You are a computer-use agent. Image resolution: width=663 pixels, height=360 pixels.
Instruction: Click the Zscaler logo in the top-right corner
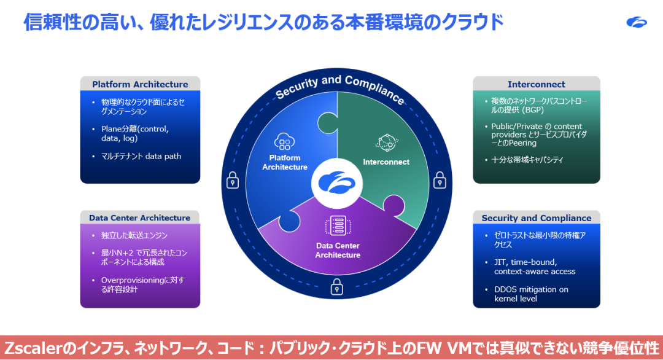pyautogui.click(x=637, y=22)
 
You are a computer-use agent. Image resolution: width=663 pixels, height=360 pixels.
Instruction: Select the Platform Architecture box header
pyautogui.click(x=140, y=84)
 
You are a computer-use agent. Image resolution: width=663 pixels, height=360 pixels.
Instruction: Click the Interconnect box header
pyautogui.click(x=536, y=84)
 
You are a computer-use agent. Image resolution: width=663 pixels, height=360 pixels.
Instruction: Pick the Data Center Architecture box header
pyautogui.click(x=140, y=217)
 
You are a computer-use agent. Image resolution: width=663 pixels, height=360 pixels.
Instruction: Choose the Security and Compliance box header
pyautogui.click(x=536, y=217)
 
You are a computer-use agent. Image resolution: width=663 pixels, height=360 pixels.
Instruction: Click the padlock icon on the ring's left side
pyautogui.click(x=233, y=181)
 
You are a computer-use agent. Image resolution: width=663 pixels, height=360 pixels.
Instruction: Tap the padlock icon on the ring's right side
pyautogui.click(x=440, y=181)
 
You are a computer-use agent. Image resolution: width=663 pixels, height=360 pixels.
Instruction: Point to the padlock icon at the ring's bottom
pyautogui.click(x=336, y=286)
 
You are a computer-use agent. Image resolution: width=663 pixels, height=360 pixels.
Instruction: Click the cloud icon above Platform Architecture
pyautogui.click(x=284, y=142)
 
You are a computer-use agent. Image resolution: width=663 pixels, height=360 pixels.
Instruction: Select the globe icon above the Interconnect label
pyautogui.click(x=386, y=142)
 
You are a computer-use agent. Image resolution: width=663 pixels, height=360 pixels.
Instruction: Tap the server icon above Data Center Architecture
pyautogui.click(x=337, y=226)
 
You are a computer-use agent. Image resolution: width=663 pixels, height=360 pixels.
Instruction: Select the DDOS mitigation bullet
pyautogui.click(x=530, y=294)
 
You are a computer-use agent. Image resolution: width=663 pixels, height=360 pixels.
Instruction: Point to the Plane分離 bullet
pyautogui.click(x=134, y=134)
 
